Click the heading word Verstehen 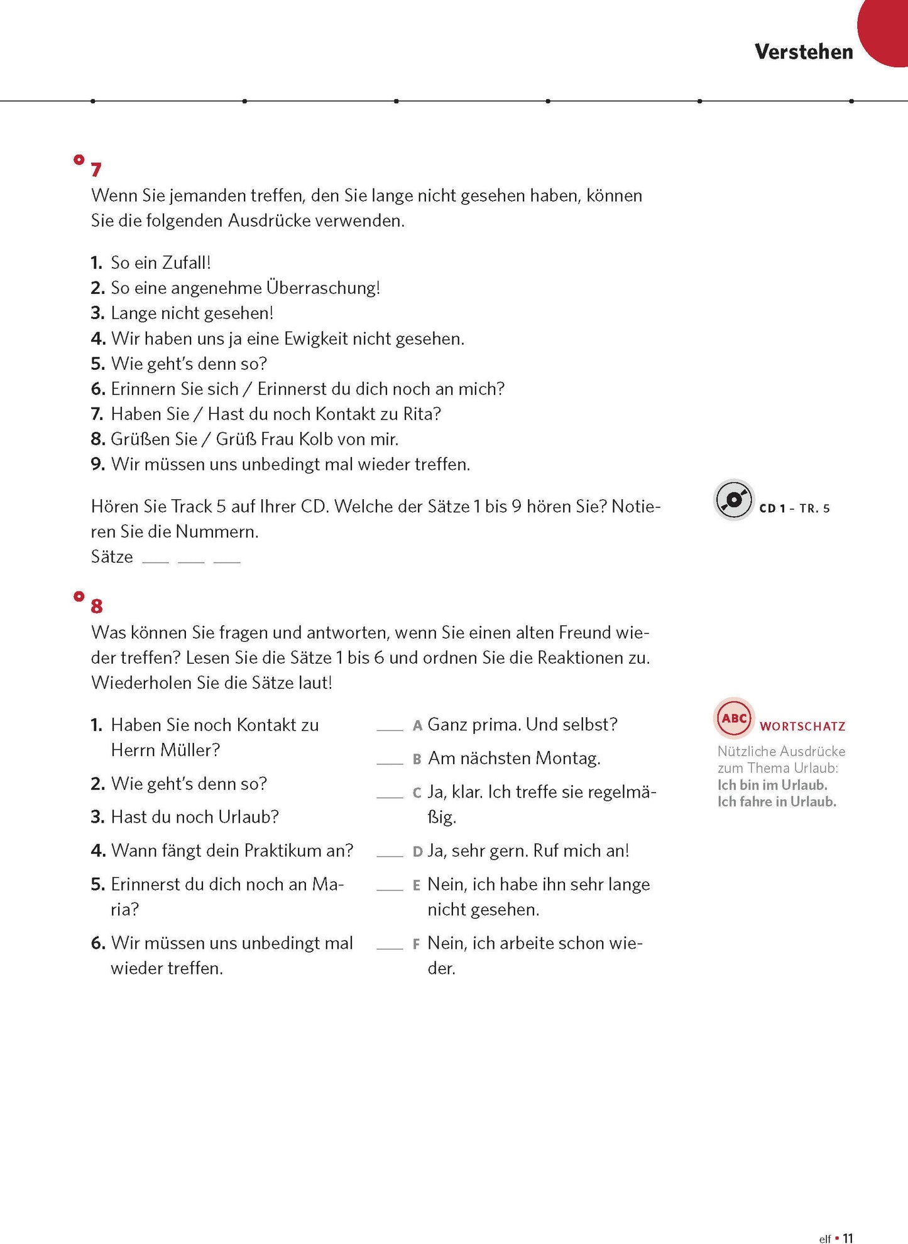(x=804, y=52)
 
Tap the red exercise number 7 (x=96, y=170)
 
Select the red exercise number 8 (x=96, y=607)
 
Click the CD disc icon (x=733, y=500)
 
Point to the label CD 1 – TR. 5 (x=794, y=509)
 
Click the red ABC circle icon (x=734, y=718)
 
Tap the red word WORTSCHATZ (x=802, y=727)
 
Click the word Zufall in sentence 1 (x=185, y=263)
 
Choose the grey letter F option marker (x=416, y=944)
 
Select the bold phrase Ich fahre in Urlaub (x=777, y=802)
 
